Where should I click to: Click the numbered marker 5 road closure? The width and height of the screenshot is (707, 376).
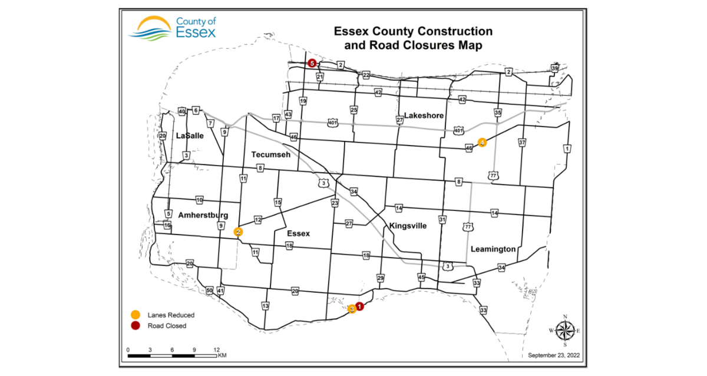click(x=312, y=63)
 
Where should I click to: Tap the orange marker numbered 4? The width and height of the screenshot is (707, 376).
click(x=482, y=142)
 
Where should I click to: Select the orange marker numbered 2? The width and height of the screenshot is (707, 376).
click(x=238, y=232)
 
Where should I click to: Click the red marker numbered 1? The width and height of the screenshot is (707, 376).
click(x=359, y=306)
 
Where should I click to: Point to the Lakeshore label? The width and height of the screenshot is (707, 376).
click(x=424, y=116)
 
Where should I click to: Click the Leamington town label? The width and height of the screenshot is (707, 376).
click(x=493, y=249)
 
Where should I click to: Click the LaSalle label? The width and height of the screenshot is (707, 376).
click(x=190, y=136)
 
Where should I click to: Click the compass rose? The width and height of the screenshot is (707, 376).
click(x=564, y=330)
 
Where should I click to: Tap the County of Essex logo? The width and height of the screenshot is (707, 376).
click(x=173, y=27)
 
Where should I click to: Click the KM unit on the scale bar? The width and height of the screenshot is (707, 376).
click(x=222, y=356)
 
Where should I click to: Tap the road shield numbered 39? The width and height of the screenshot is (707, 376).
click(x=554, y=68)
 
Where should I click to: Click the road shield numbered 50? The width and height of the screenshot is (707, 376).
click(x=209, y=291)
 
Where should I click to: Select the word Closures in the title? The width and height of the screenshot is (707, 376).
click(x=411, y=44)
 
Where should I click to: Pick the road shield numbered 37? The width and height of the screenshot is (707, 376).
click(x=521, y=142)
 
